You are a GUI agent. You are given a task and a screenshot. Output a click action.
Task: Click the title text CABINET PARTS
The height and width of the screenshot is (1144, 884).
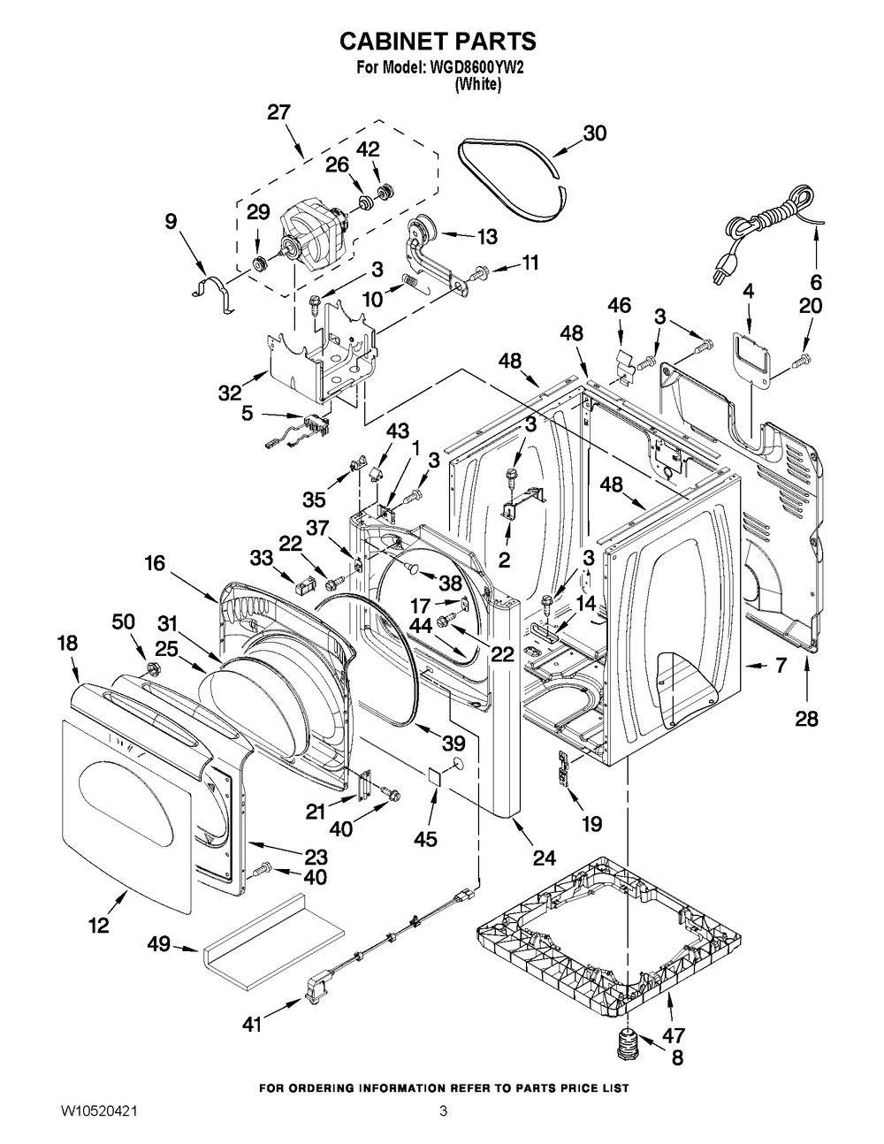tap(438, 42)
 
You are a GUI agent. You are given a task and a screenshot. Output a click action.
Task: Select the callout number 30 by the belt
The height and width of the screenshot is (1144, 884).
tap(594, 133)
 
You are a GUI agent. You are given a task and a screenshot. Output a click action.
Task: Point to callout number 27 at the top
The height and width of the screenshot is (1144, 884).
tap(278, 113)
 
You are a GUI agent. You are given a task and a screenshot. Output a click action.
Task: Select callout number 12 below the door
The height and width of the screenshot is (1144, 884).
tap(98, 925)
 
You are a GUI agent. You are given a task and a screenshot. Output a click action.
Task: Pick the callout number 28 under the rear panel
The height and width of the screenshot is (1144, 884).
tap(806, 718)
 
